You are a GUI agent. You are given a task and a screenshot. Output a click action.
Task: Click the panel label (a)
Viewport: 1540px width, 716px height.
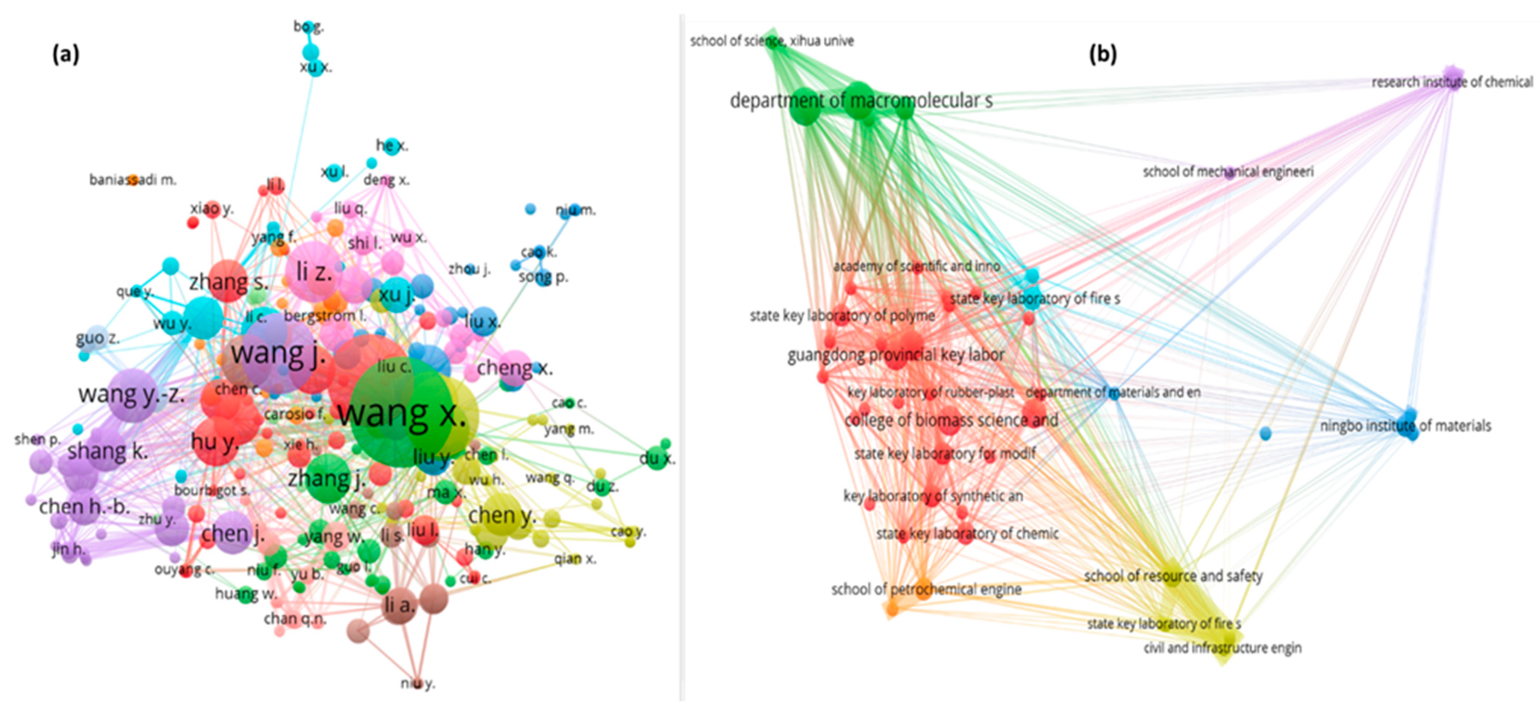(x=66, y=55)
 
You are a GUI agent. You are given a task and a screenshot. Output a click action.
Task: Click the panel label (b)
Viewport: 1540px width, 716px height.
(x=1102, y=55)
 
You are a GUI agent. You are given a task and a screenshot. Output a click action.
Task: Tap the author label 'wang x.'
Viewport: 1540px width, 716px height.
(x=402, y=414)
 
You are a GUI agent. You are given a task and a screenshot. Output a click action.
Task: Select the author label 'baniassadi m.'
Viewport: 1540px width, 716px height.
(x=133, y=179)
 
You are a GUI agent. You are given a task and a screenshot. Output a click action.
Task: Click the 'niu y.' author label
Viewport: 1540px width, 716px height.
(x=418, y=683)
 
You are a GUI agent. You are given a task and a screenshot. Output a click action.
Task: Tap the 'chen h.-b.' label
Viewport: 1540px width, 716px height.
(x=84, y=507)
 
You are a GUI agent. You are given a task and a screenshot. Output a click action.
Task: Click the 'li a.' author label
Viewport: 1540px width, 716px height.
(x=399, y=605)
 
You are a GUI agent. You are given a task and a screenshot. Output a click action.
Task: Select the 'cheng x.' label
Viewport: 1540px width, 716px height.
(x=514, y=367)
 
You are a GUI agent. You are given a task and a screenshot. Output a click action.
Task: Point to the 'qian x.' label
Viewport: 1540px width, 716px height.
(x=575, y=559)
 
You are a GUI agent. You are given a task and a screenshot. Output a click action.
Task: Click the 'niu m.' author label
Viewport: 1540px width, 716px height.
(x=575, y=210)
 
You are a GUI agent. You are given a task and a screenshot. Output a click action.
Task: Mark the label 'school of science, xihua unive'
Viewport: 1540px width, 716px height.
(x=772, y=41)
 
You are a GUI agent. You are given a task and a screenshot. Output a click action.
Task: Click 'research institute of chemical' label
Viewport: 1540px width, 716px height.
(x=1452, y=82)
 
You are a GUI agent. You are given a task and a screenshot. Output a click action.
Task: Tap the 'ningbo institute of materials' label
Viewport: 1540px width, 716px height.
(x=1405, y=426)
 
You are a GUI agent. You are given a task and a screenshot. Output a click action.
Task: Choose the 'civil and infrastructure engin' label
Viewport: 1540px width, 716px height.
(x=1222, y=648)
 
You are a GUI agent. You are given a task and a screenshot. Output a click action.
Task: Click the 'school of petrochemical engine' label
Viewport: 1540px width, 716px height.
(x=926, y=589)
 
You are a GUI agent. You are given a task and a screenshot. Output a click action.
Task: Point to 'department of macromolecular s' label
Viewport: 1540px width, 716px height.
(x=861, y=101)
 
